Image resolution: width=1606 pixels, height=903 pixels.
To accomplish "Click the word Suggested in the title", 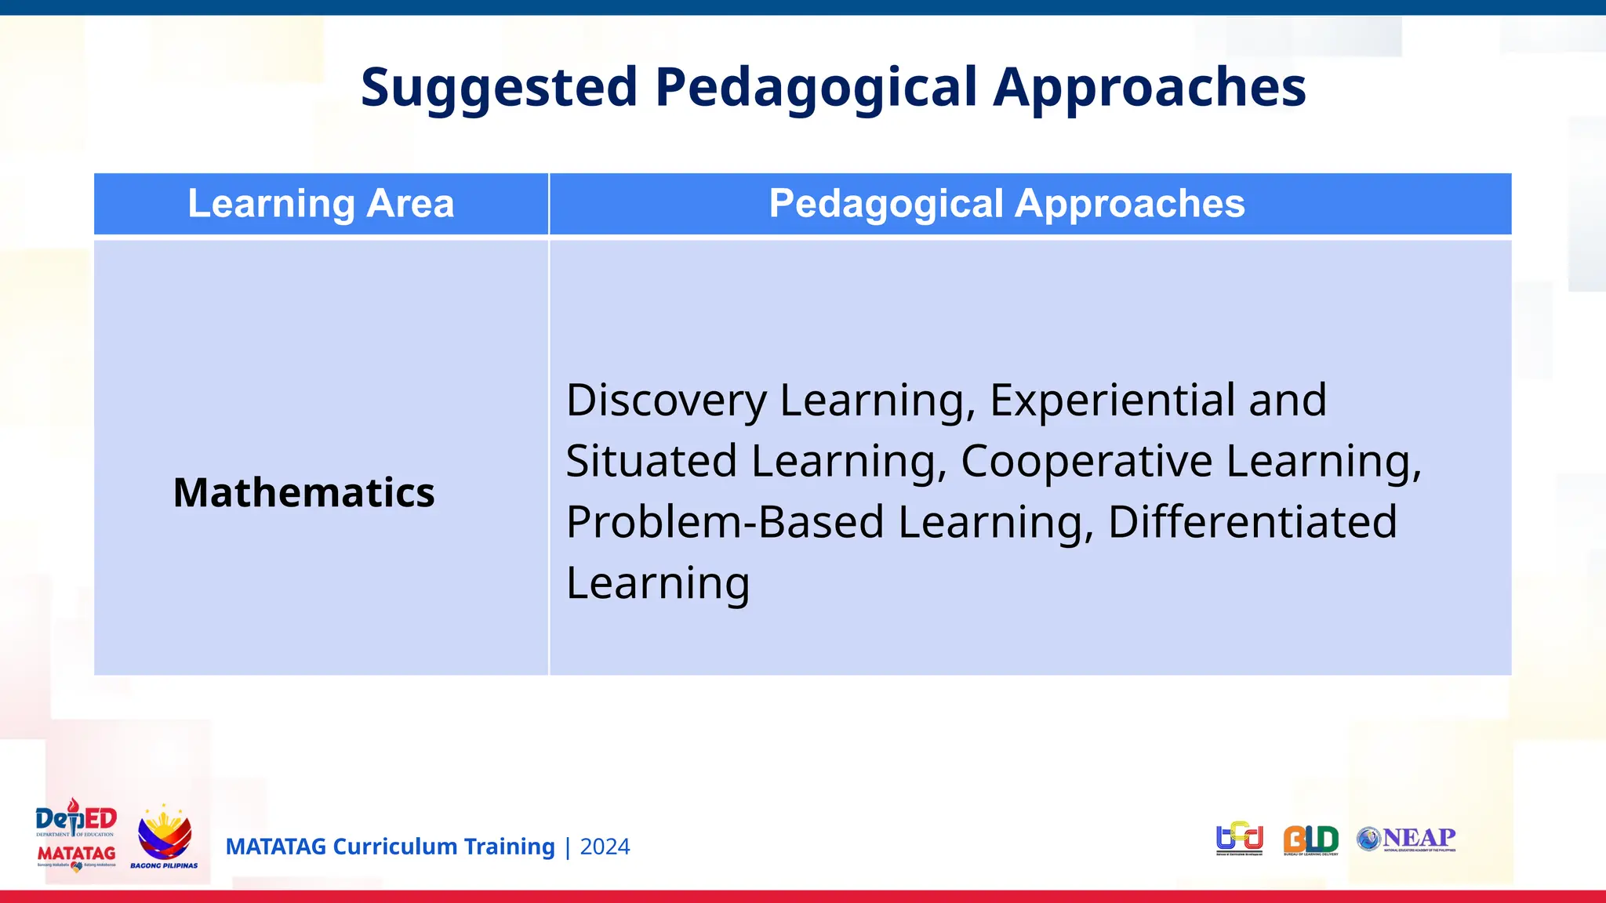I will [499, 88].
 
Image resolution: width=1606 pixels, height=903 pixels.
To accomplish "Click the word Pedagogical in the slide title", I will [816, 88].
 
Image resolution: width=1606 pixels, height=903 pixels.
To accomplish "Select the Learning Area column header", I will [321, 204].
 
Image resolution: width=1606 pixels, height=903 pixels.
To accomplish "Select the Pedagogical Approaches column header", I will [1006, 204].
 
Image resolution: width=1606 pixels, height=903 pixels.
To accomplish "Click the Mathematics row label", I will [303, 493].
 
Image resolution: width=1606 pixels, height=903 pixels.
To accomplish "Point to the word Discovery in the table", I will [666, 401].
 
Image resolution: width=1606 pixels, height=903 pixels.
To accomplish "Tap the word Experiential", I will [1112, 401].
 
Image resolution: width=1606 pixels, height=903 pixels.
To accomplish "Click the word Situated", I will [651, 461].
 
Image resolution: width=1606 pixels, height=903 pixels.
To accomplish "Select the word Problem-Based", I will [725, 522].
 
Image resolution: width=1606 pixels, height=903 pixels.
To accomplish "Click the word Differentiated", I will [1252, 522].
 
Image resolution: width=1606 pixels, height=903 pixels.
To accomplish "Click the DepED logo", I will [76, 819].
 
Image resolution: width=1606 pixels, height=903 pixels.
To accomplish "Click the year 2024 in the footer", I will [605, 847].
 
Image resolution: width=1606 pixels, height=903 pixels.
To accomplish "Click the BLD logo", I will [1310, 840].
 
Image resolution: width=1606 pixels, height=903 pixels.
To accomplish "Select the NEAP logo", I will [1407, 839].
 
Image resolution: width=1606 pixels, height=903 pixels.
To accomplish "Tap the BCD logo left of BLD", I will [1239, 839].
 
